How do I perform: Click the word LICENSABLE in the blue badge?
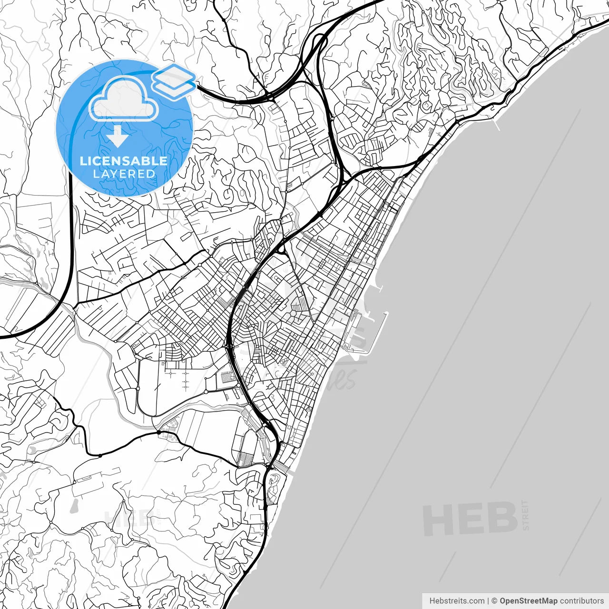(x=123, y=161)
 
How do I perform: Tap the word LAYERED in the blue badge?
(x=124, y=174)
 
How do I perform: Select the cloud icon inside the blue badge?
(x=124, y=99)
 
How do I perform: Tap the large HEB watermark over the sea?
(x=470, y=519)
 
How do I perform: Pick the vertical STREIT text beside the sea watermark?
(x=525, y=515)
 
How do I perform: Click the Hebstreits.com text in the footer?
(x=457, y=601)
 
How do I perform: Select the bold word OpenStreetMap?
(x=528, y=601)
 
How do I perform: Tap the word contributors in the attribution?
(x=581, y=601)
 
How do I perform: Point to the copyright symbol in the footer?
(x=494, y=601)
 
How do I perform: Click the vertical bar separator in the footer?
(x=488, y=601)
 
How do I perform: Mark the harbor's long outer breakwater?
(x=378, y=333)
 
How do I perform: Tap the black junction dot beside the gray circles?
(x=159, y=433)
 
